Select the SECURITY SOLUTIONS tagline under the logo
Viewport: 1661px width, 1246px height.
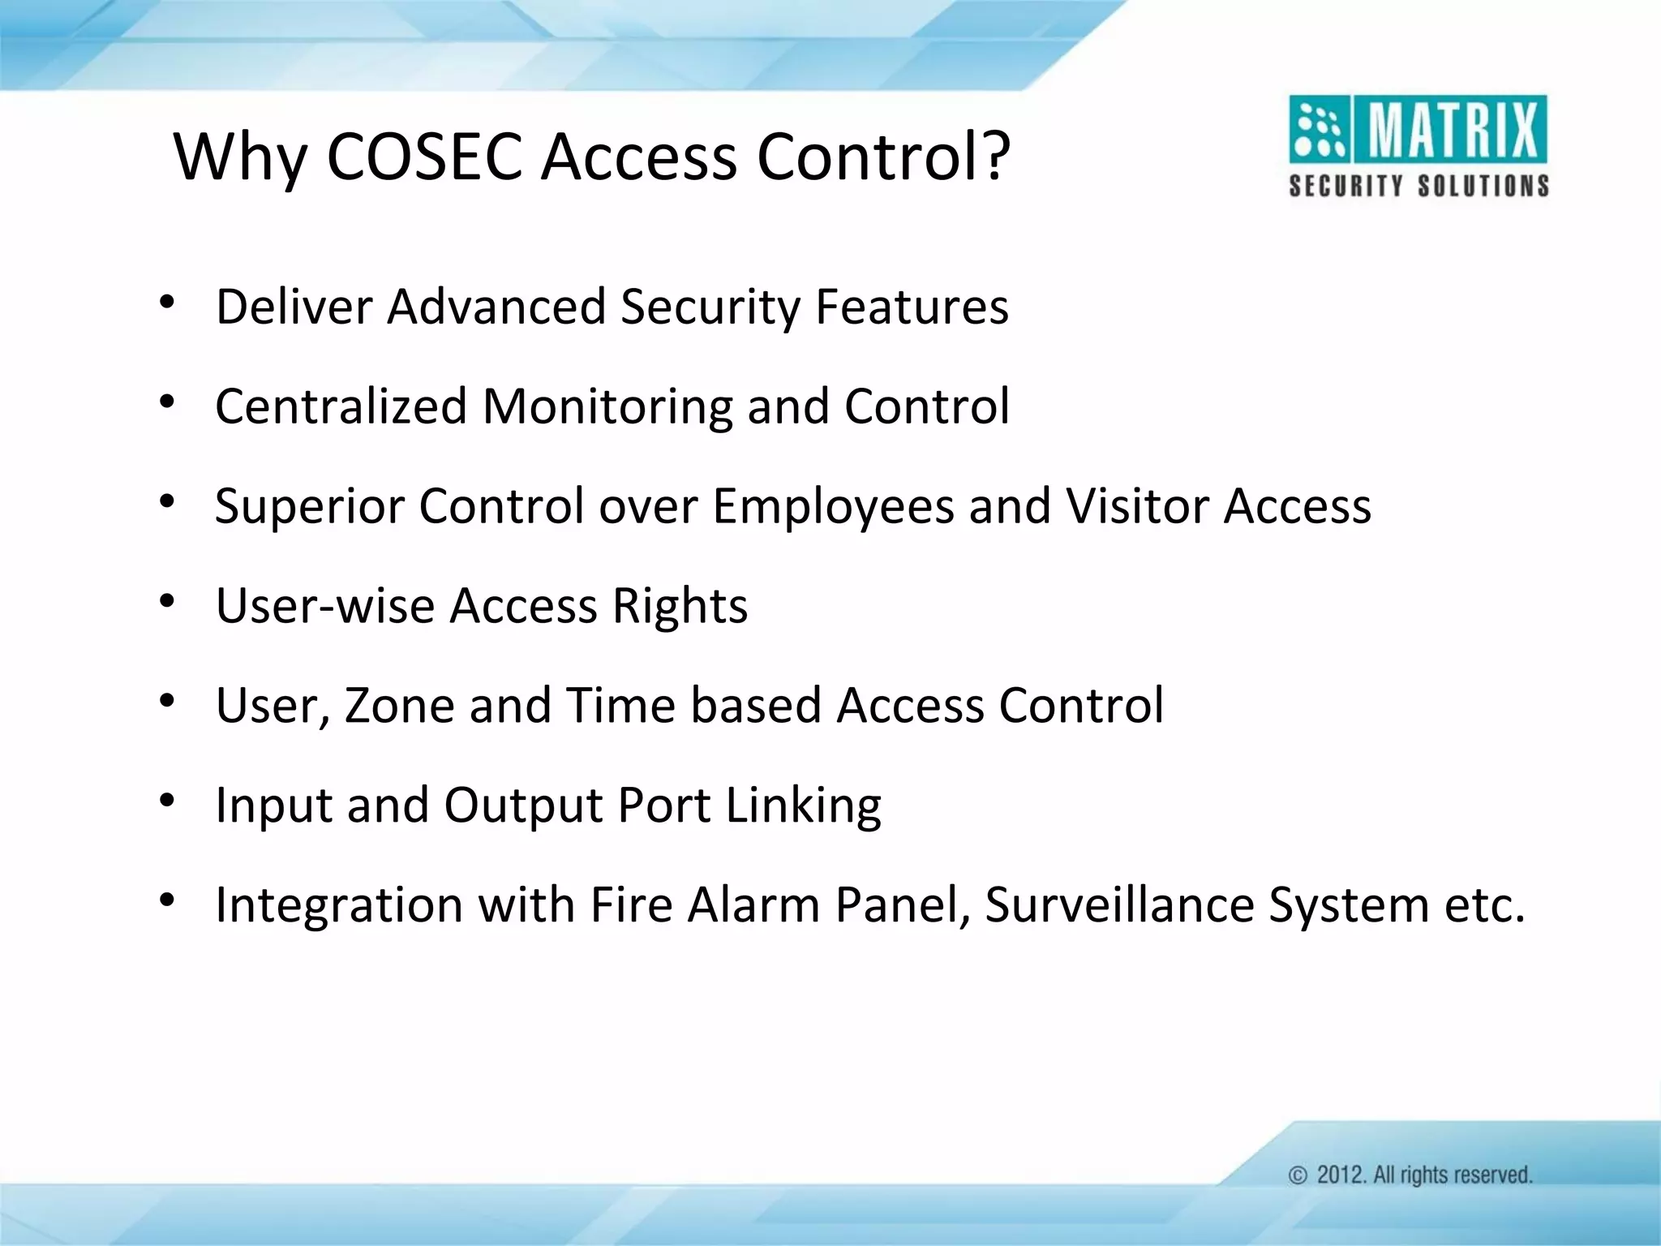(x=1419, y=186)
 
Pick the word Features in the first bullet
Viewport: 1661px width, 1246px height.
(x=912, y=307)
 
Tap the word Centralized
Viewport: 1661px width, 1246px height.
(x=341, y=406)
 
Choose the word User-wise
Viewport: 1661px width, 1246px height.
(x=325, y=606)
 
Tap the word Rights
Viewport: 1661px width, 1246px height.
(x=680, y=607)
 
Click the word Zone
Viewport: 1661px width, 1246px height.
(x=399, y=705)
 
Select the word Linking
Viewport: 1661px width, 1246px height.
(x=803, y=806)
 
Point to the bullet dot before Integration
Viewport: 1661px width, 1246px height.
(x=167, y=900)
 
